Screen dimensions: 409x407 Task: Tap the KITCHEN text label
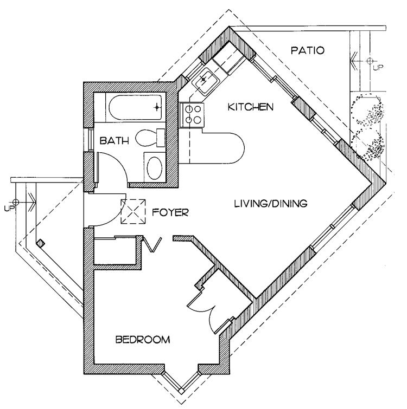pyautogui.click(x=250, y=107)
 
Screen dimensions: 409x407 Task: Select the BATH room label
pyautogui.click(x=115, y=141)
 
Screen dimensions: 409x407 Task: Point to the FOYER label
pyautogui.click(x=170, y=213)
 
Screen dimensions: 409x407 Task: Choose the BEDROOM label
pyautogui.click(x=143, y=340)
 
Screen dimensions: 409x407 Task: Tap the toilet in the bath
pyautogui.click(x=150, y=138)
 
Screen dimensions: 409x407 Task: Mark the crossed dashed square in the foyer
pyautogui.click(x=133, y=212)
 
